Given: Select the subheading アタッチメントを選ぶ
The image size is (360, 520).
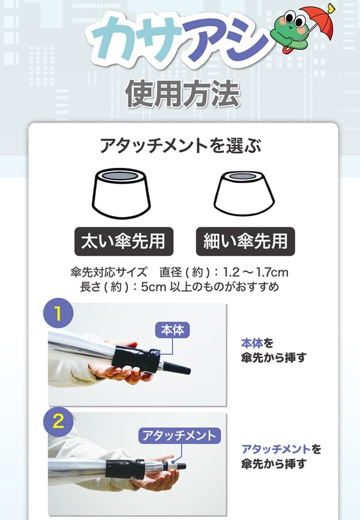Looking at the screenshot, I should (181, 146).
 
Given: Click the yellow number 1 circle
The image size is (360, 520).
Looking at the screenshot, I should (58, 313).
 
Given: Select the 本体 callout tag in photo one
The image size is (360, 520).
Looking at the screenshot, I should (172, 330).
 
